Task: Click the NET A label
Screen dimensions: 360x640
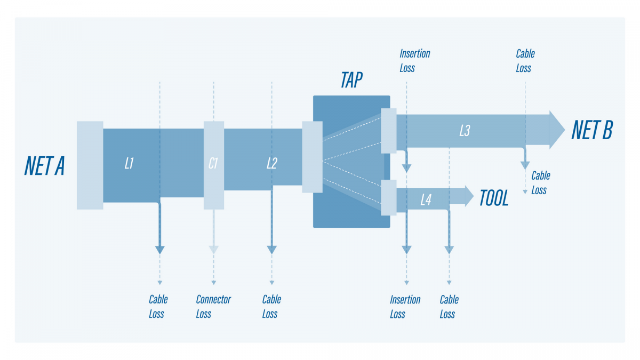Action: [x=45, y=165]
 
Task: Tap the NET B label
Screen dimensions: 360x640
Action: [x=592, y=130]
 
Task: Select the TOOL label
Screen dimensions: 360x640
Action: [x=494, y=198]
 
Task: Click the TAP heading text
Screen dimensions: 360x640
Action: [x=351, y=81]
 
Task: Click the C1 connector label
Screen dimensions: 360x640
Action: [x=213, y=164]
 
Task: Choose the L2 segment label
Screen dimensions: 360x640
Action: [x=271, y=164]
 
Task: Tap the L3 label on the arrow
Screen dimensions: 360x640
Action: [x=465, y=130]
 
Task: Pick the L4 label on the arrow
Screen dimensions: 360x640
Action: [x=426, y=200]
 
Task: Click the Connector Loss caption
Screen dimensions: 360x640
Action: [x=213, y=307]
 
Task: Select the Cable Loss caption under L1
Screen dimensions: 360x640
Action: [x=158, y=307]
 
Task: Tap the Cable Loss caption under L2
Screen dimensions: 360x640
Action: [x=271, y=307]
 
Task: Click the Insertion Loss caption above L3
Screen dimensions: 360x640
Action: [x=414, y=61]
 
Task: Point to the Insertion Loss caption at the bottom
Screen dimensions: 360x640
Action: [x=405, y=307]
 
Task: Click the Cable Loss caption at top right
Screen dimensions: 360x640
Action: [x=525, y=61]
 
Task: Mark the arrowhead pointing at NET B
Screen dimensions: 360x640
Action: [x=556, y=130]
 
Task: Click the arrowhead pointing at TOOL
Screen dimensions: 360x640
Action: [x=468, y=196]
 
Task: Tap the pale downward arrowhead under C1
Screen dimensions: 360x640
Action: [x=213, y=249]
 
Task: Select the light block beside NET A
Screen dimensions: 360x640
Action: [x=90, y=165]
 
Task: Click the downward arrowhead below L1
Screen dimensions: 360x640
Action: [x=159, y=249]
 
